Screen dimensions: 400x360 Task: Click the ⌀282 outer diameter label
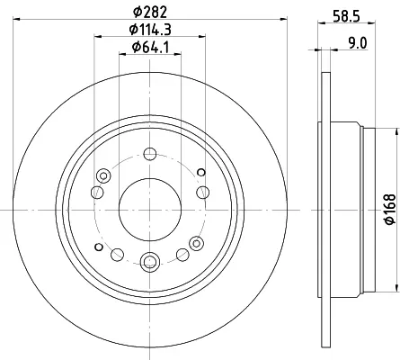(150, 12)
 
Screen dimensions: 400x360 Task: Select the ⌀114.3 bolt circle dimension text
(150, 30)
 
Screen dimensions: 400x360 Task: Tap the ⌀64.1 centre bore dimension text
(151, 47)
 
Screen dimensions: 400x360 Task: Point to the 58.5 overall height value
(346, 16)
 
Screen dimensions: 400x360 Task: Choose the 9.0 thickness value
(358, 43)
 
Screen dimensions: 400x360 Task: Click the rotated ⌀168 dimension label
(390, 210)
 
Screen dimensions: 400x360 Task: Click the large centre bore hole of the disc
(150, 210)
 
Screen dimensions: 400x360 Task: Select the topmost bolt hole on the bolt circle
(150, 154)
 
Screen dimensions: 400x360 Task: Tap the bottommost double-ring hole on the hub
(149, 261)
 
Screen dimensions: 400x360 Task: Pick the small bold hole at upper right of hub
(201, 172)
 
